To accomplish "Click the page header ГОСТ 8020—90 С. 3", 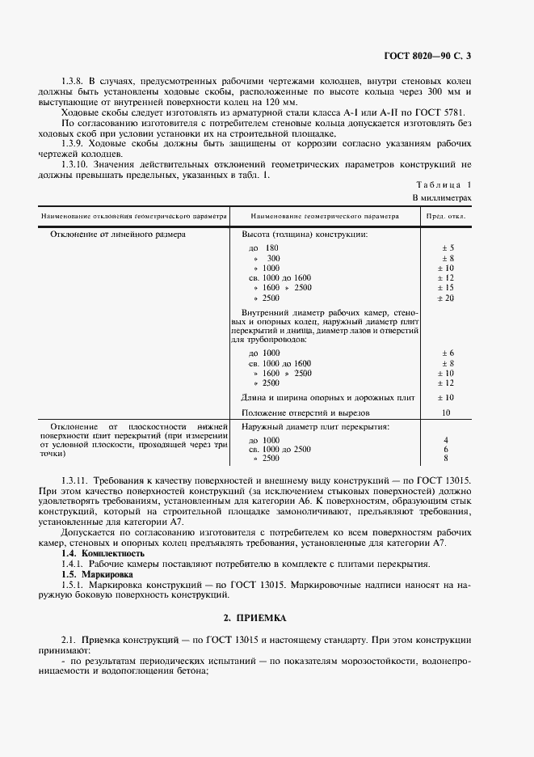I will click(x=434, y=56).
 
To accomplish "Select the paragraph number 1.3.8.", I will click(x=74, y=82).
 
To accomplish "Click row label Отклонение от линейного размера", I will click(x=118, y=235).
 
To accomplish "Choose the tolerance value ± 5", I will click(x=448, y=247).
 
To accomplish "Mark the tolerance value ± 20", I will click(x=448, y=298).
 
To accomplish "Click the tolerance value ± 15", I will click(x=448, y=288).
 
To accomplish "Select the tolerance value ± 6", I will click(x=448, y=353).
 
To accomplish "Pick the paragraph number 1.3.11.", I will click(x=77, y=480).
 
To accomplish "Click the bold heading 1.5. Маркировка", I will click(x=98, y=573).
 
